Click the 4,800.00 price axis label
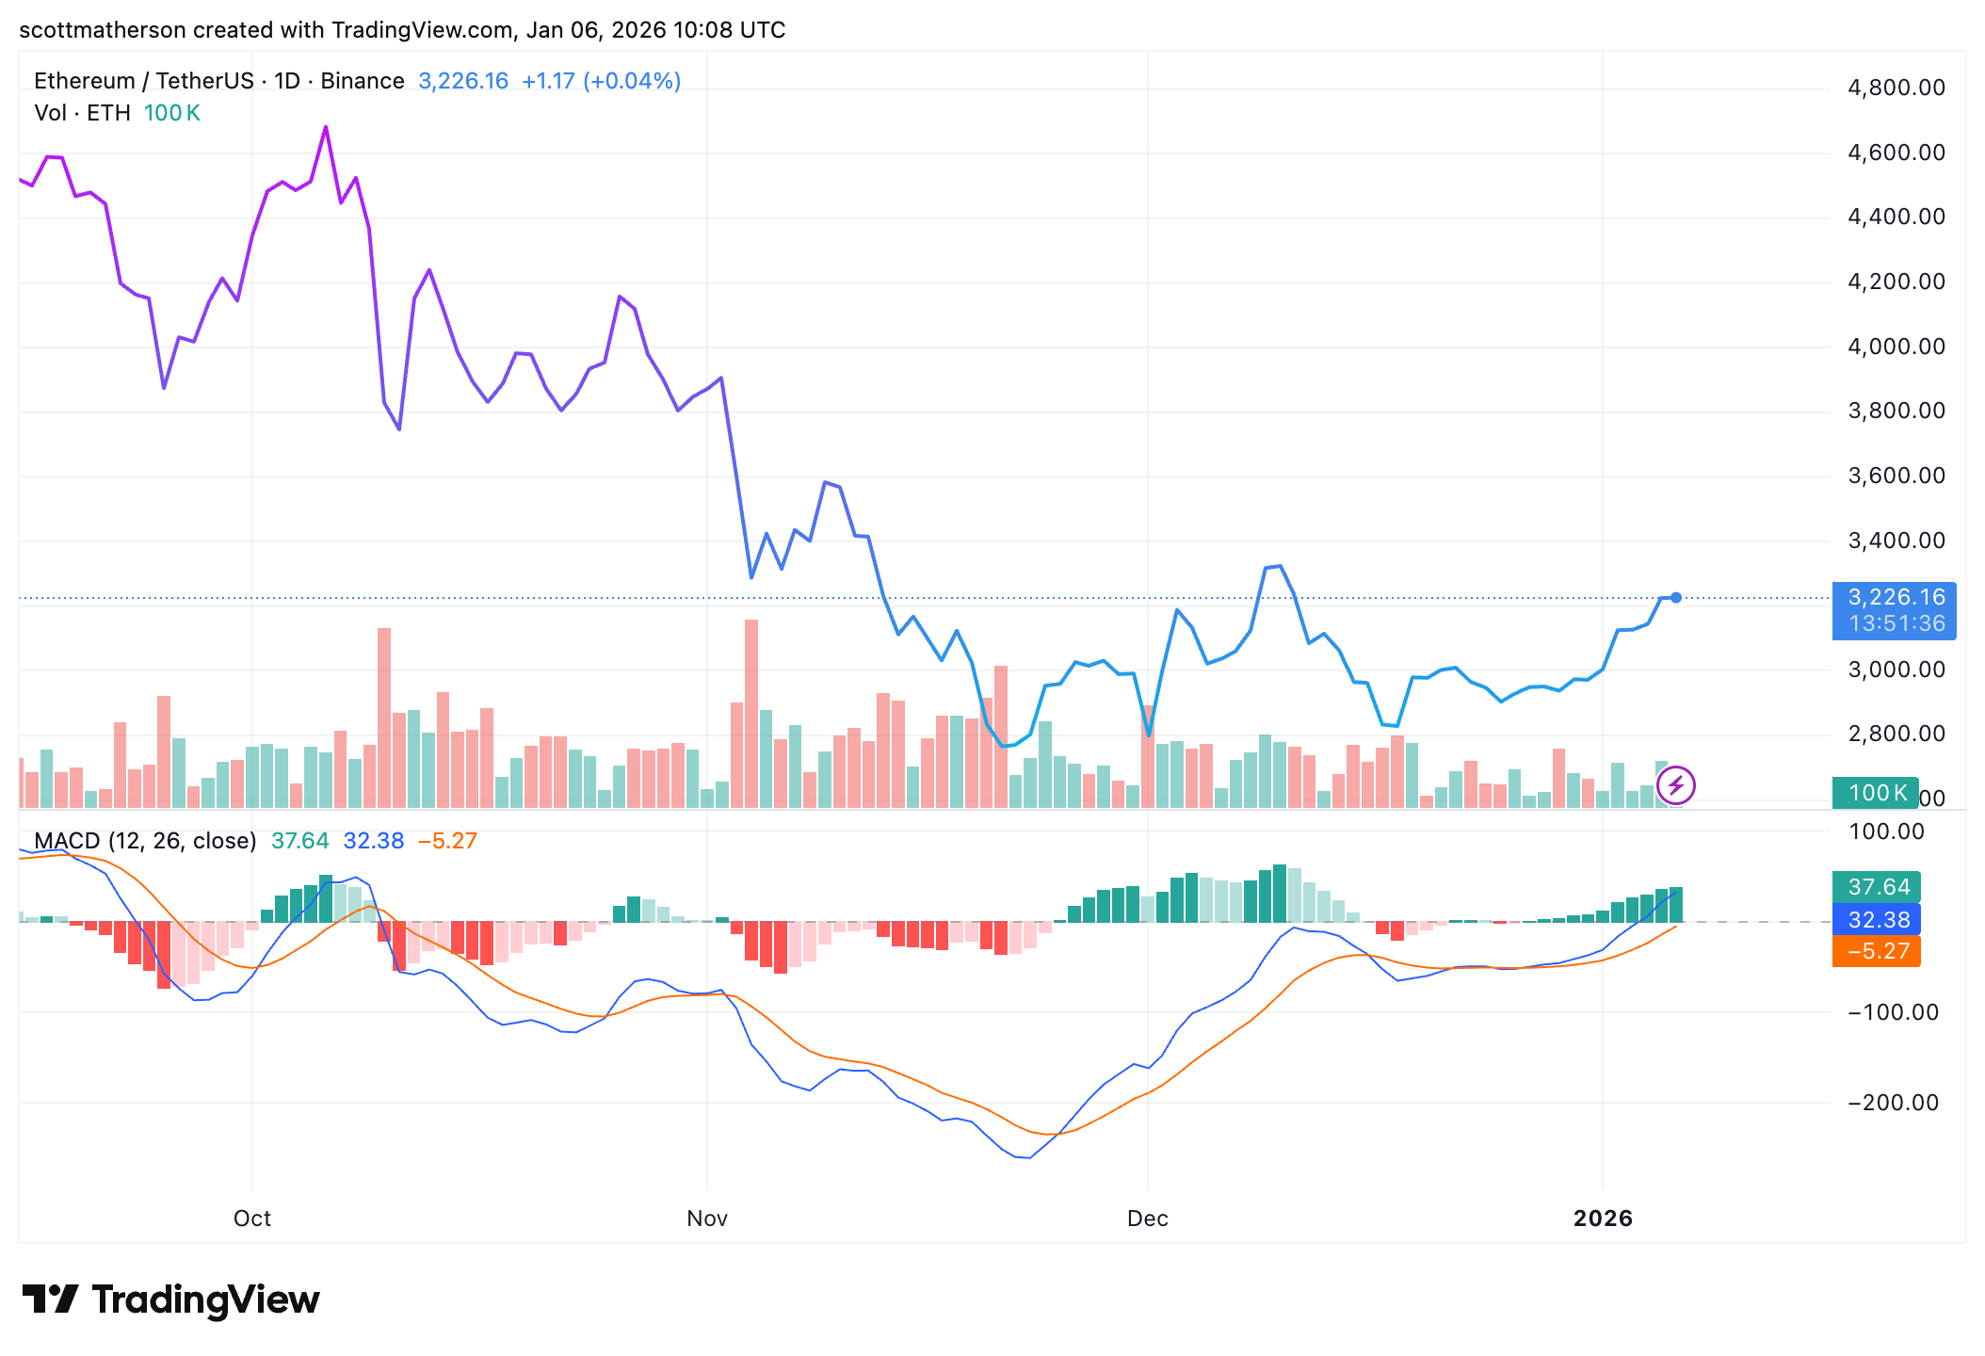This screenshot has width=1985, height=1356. pos(1896,88)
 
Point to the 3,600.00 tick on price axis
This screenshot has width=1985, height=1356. pos(1896,476)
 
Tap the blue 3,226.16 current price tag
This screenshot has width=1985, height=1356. pos(1894,610)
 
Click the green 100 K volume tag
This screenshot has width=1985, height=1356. pos(1875,793)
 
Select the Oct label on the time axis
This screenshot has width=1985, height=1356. pos(251,1219)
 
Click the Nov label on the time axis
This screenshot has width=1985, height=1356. pos(706,1219)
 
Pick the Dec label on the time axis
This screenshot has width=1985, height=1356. pos(1147,1219)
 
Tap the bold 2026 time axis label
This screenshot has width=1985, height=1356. pos(1603,1219)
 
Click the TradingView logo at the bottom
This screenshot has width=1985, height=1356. pos(171,1299)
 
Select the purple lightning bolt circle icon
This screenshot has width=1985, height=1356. pos(1676,785)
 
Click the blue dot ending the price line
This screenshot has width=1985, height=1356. pos(1676,597)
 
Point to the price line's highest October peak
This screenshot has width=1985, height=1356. pos(326,127)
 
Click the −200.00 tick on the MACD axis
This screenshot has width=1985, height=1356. pos(1892,1103)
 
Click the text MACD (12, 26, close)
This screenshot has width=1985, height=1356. pos(145,841)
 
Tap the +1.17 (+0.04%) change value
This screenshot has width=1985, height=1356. pos(601,81)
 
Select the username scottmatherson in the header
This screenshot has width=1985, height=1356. pos(102,30)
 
